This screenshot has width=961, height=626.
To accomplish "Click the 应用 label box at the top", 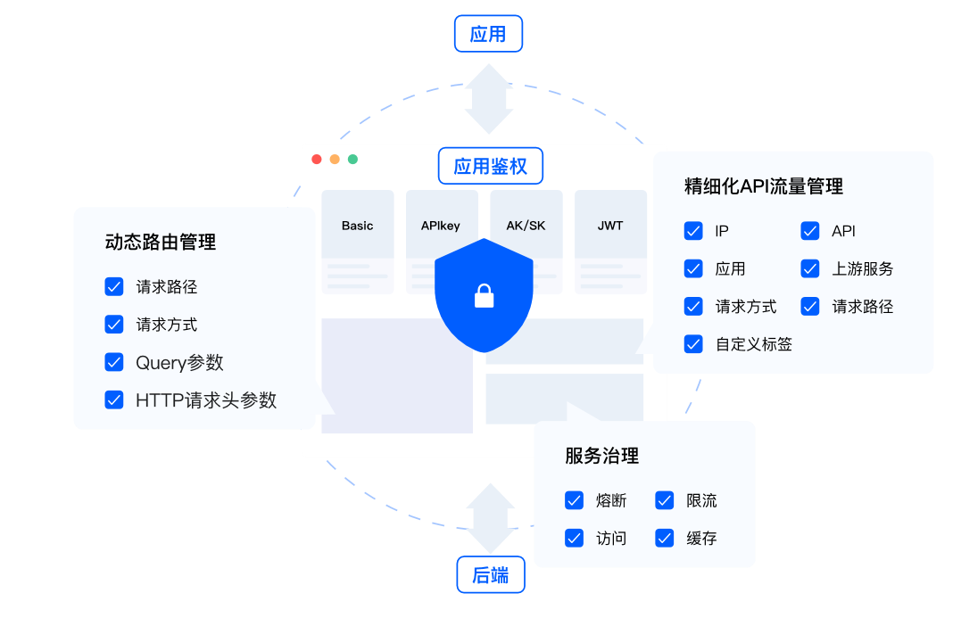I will click(x=487, y=34).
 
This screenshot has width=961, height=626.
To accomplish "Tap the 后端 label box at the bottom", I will click(x=490, y=575).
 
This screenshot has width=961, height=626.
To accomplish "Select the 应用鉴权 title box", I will click(x=490, y=166).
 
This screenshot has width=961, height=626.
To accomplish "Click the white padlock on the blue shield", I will click(x=484, y=295).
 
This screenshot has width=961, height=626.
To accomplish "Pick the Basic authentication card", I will click(x=357, y=226).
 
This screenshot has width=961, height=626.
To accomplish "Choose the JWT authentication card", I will click(x=610, y=226).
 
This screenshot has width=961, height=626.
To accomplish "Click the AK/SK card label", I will click(x=526, y=226).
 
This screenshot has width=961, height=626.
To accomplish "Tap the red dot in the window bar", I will click(x=317, y=159).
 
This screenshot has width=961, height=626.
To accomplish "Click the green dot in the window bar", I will click(x=352, y=159).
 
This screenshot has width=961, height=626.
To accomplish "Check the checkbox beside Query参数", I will click(x=114, y=362).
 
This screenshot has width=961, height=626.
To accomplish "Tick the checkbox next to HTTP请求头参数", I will click(x=114, y=399).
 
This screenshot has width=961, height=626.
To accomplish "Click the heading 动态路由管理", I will click(x=161, y=242).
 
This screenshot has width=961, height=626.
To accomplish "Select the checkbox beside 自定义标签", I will click(x=693, y=343).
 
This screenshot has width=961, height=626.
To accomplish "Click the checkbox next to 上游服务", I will click(x=810, y=268).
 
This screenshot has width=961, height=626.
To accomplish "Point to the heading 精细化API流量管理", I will click(x=763, y=186).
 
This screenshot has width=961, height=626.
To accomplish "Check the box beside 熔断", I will click(x=574, y=500).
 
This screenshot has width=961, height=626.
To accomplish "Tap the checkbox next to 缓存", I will click(x=665, y=538).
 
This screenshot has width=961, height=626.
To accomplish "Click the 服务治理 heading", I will click(x=601, y=457).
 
